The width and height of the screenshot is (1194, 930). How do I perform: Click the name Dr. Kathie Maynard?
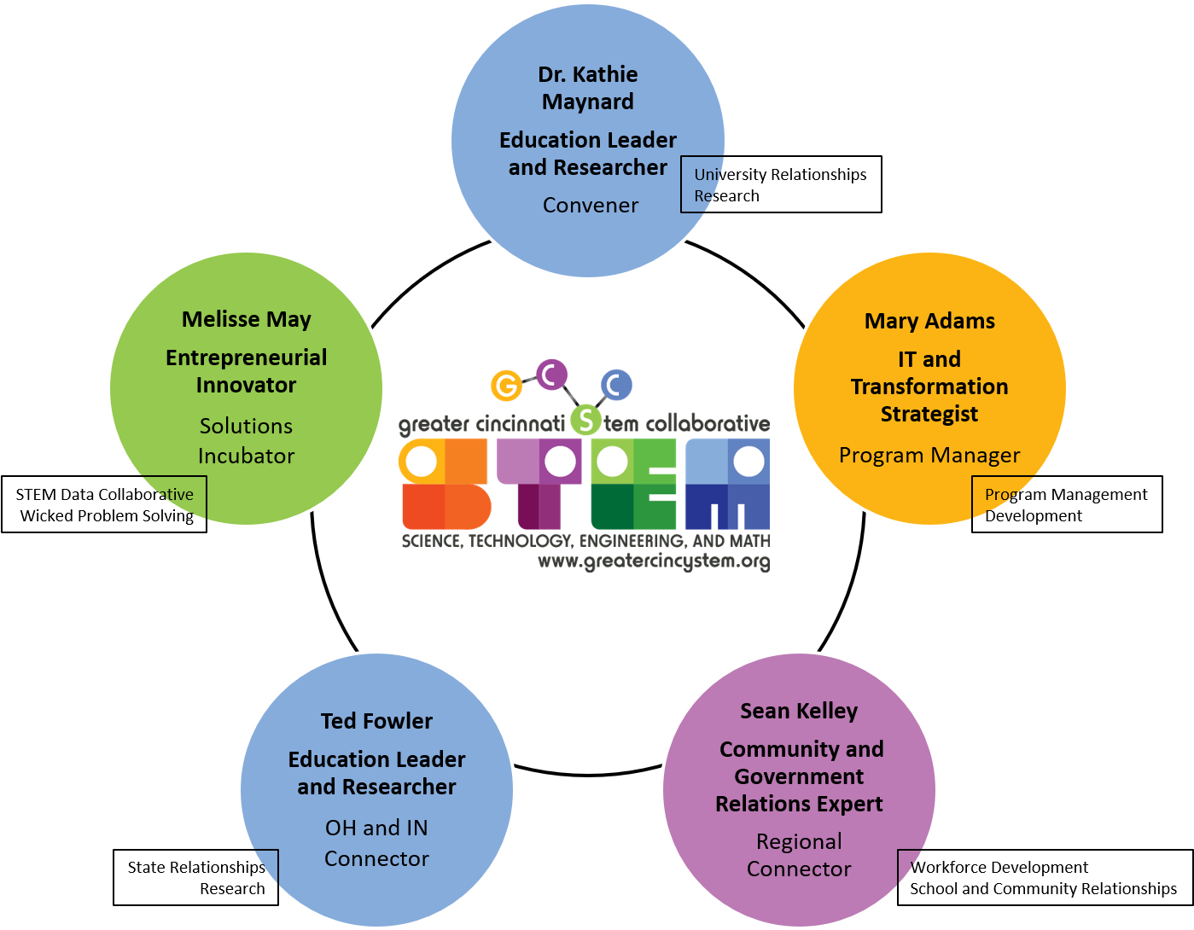pyautogui.click(x=588, y=88)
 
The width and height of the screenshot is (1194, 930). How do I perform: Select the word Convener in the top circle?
pyautogui.click(x=591, y=206)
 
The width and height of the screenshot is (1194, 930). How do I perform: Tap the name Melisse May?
pyautogui.click(x=247, y=320)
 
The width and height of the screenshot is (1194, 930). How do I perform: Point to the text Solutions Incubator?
pyautogui.click(x=246, y=440)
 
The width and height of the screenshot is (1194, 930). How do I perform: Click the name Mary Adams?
pyautogui.click(x=929, y=322)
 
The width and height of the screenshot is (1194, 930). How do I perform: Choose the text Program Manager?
pyautogui.click(x=929, y=456)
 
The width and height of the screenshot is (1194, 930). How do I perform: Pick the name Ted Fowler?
pyautogui.click(x=376, y=722)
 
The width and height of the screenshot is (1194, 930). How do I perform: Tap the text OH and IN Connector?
pyautogui.click(x=376, y=843)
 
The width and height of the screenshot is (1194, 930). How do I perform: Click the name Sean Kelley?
pyautogui.click(x=799, y=712)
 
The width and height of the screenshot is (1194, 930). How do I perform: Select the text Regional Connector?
pyautogui.click(x=799, y=855)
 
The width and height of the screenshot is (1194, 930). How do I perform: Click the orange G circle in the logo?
pyautogui.click(x=506, y=386)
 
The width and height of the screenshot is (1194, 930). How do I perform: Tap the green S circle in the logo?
pyautogui.click(x=585, y=419)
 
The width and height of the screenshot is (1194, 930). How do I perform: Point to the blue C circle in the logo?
pyautogui.click(x=616, y=385)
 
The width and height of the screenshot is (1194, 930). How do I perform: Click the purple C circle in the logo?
pyautogui.click(x=551, y=374)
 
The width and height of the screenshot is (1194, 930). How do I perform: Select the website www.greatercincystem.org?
pyautogui.click(x=654, y=562)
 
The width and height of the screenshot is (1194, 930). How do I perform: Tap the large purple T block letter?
pyautogui.click(x=539, y=484)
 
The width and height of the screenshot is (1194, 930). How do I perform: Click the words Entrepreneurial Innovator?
pyautogui.click(x=246, y=371)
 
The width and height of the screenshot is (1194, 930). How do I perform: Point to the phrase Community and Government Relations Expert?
pyautogui.click(x=800, y=776)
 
